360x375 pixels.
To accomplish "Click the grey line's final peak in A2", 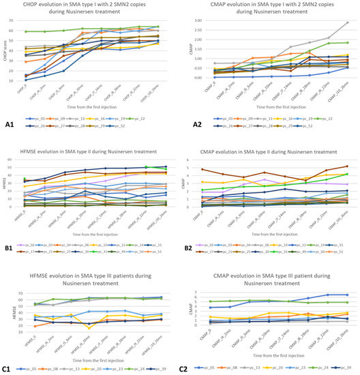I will coord(348,22).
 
